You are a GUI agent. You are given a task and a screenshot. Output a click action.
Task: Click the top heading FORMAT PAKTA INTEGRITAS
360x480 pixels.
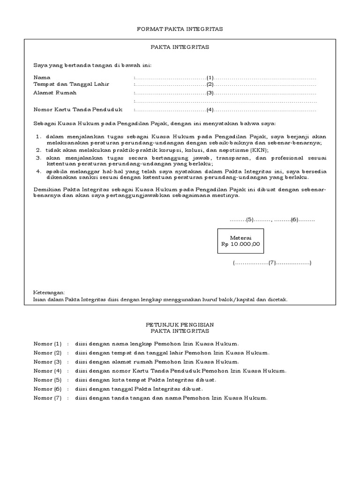pos(180,29)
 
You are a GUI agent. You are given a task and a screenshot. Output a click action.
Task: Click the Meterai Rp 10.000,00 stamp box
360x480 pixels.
pos(240,241)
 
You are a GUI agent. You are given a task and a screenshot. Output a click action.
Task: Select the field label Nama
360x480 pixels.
pos(42,77)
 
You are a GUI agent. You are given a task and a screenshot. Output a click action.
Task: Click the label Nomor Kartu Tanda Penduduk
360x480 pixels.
pos(78,110)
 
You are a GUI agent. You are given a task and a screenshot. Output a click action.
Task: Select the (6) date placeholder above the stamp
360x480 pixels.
pos(294,219)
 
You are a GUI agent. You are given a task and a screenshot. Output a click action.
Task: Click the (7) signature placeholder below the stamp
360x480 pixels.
pos(272,263)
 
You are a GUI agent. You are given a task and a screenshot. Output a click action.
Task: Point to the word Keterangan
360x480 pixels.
pos(49,292)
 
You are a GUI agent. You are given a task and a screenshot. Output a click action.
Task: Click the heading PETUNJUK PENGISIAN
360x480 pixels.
pos(180,324)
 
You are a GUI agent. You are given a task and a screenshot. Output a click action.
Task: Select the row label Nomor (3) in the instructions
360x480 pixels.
pos(47,362)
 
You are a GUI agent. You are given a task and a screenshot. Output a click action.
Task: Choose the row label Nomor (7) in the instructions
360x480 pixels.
pos(47,398)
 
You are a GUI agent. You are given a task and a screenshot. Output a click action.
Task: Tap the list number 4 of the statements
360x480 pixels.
pos(38,172)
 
